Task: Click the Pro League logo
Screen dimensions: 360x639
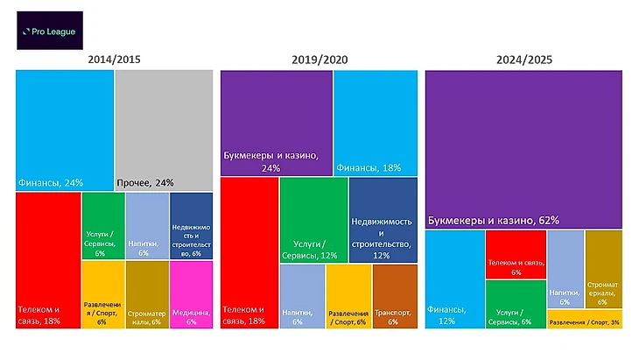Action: (50, 31)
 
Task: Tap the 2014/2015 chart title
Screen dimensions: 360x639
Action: (115, 60)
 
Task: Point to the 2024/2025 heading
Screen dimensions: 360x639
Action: (523, 60)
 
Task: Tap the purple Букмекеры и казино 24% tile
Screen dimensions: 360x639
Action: (276, 123)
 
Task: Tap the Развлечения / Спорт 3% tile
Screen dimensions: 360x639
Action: (586, 320)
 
